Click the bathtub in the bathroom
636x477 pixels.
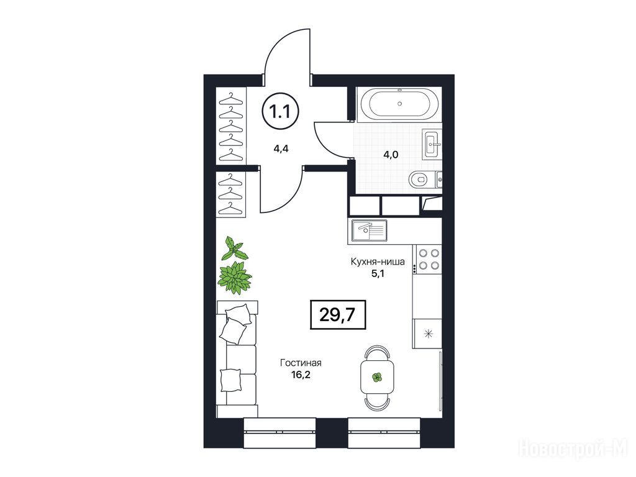pos(399,104)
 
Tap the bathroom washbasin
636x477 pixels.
pos(432,143)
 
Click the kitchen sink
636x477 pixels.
pos(369,230)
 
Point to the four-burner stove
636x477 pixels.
pos(428,259)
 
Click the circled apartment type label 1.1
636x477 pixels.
pos(280,111)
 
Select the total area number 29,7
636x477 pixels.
pos(338,314)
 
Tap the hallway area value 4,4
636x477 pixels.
pos(281,148)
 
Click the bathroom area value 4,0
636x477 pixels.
pos(391,155)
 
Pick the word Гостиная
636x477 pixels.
pos(301,363)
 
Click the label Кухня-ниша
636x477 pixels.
pos(378,261)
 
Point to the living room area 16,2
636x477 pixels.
pos(301,375)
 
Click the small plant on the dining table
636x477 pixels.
pos(377,377)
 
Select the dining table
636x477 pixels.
pos(378,377)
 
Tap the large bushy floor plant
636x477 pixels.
pos(234,278)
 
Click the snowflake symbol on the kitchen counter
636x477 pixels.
pos(429,334)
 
